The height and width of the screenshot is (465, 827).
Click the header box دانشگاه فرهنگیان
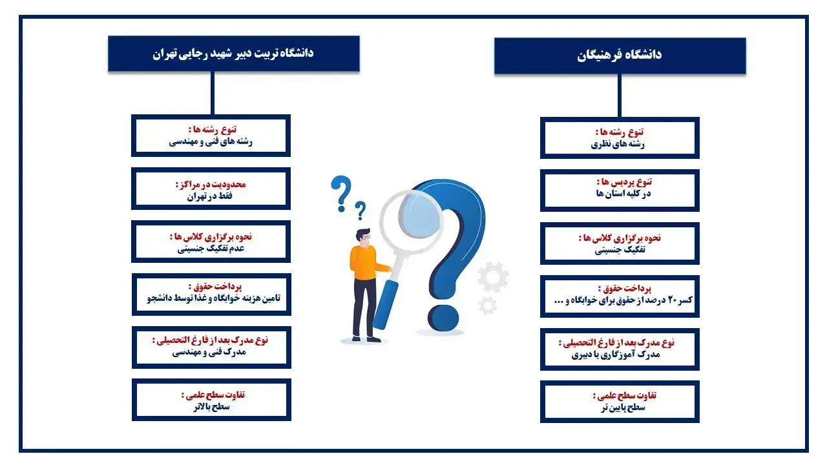click(620, 56)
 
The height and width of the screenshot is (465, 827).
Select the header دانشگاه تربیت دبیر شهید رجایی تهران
click(233, 53)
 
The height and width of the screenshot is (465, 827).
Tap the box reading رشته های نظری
click(620, 138)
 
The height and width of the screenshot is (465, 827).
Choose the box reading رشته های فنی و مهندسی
click(211, 136)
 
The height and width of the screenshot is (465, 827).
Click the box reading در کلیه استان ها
click(620, 191)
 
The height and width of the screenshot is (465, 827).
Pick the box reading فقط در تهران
click(211, 189)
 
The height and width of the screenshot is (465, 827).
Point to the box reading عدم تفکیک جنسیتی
click(211, 242)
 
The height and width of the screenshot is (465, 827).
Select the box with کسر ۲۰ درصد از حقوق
click(620, 295)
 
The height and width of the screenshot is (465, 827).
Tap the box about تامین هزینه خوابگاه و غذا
click(211, 294)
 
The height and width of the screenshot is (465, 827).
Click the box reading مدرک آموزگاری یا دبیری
click(620, 349)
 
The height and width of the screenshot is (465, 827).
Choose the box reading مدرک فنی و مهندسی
click(211, 347)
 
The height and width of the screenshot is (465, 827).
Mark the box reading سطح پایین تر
click(620, 402)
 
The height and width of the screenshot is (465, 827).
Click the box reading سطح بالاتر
click(211, 400)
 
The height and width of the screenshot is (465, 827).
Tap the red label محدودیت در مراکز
click(211, 184)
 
